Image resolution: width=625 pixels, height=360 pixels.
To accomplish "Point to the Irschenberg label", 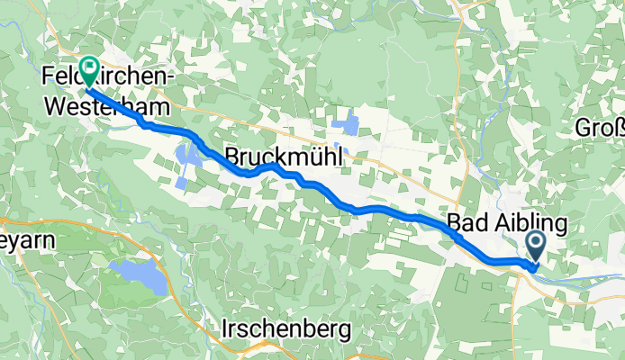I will [285, 330].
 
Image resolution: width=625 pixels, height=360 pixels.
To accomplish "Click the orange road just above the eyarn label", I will [18, 220].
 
